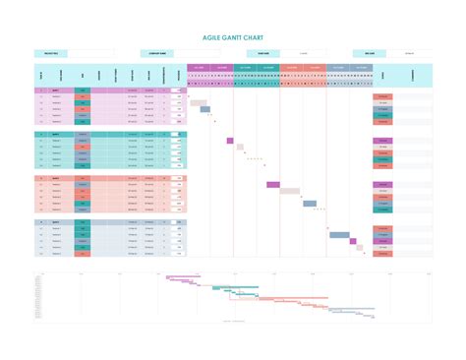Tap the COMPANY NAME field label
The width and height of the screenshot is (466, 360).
coord(156,54)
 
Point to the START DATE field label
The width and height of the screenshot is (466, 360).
coord(262,54)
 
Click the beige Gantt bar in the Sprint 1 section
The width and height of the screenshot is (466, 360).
coord(198,102)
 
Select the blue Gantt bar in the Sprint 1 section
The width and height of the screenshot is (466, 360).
coord(205,109)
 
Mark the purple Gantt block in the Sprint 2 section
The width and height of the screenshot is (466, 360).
coord(230,141)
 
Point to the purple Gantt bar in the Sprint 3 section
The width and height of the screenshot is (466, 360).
coord(273,184)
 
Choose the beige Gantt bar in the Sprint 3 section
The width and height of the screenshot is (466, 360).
coord(289,191)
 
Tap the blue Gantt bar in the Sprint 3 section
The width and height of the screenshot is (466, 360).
coord(310,204)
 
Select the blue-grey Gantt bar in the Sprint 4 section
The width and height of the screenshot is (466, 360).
coord(339,235)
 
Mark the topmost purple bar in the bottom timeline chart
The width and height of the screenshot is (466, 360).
coord(185,277)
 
